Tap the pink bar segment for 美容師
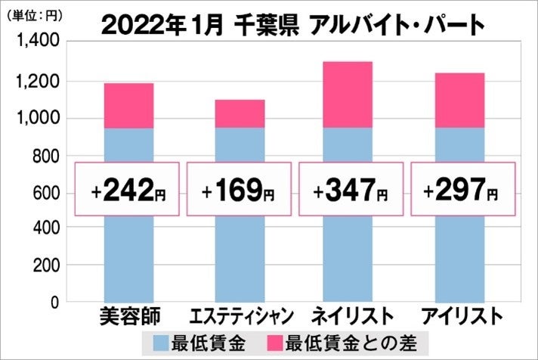[128, 105]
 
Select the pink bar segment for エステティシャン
[240, 113]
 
